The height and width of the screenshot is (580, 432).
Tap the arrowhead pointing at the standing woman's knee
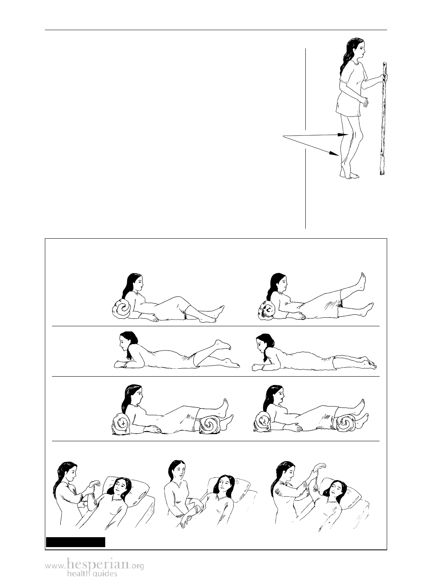pos(343,134)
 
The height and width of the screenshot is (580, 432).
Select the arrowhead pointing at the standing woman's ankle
pos(335,153)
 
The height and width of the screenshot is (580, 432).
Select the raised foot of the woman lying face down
pos(223,345)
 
